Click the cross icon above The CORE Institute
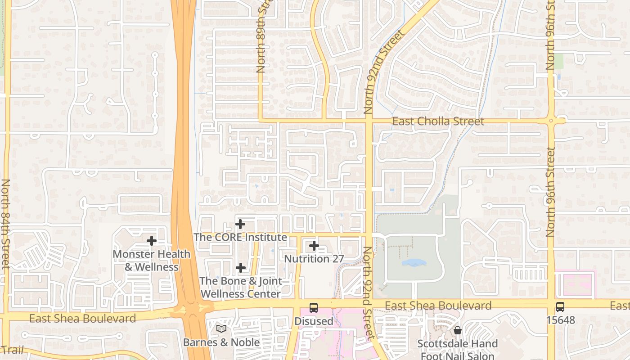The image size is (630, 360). click(240, 224)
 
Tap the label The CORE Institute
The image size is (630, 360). click(240, 237)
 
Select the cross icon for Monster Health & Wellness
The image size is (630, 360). click(152, 241)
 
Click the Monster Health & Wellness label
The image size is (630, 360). click(152, 261)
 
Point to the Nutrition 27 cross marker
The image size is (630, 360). click(314, 246)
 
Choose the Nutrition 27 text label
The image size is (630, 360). click(314, 259)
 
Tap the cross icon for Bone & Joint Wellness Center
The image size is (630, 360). click(241, 268)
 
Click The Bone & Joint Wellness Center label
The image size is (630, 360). click(241, 288)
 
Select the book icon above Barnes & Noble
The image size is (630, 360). click(221, 329)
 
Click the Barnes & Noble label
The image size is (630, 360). click(221, 342)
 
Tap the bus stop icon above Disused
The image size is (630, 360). click(314, 308)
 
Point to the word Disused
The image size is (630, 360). click(314, 321)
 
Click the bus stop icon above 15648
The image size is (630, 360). click(560, 307)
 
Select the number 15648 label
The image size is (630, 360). click(560, 320)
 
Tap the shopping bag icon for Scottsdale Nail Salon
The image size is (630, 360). click(458, 330)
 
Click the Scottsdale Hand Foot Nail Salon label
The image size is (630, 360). click(458, 350)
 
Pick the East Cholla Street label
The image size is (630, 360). click(438, 121)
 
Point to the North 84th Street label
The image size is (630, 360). click(6, 224)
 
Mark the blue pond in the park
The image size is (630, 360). click(414, 262)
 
